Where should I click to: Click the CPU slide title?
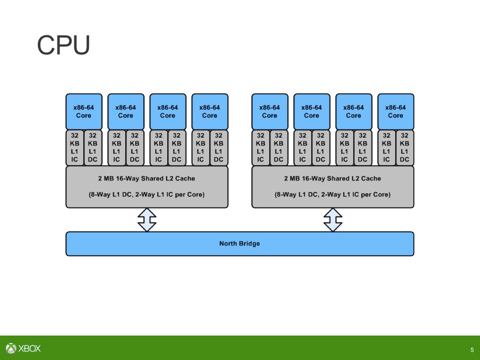click(x=63, y=46)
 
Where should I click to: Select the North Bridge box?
click(x=240, y=243)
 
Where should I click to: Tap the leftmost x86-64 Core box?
click(x=84, y=111)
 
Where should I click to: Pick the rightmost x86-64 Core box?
click(x=395, y=111)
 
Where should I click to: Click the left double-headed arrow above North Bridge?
click(x=147, y=220)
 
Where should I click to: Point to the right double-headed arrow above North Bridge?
click(x=333, y=220)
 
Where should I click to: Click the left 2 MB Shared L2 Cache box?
click(x=147, y=186)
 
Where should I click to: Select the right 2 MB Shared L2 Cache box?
click(x=333, y=186)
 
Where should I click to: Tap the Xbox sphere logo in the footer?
click(x=11, y=348)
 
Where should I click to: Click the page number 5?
click(x=472, y=350)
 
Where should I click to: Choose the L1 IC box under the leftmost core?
click(x=75, y=147)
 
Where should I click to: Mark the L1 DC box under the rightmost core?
click(x=405, y=147)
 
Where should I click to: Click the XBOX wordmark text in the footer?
click(x=30, y=348)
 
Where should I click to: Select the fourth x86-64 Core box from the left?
click(x=210, y=111)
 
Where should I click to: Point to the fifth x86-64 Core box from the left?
click(x=270, y=111)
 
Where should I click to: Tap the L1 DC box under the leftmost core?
click(x=93, y=147)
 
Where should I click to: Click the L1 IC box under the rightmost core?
click(x=386, y=147)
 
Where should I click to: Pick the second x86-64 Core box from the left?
click(x=126, y=111)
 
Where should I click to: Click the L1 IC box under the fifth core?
click(x=260, y=147)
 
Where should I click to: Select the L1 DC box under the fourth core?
click(x=219, y=147)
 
